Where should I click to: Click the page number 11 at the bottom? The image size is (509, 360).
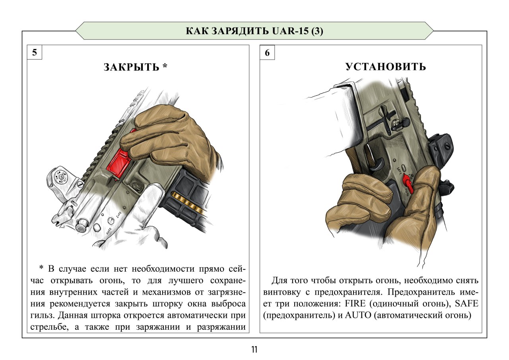click(254, 350)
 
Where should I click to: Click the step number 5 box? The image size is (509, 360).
click(35, 53)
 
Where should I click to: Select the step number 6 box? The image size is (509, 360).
click(267, 53)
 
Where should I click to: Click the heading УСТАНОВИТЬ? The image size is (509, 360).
click(385, 67)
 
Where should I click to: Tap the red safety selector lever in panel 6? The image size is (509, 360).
click(408, 182)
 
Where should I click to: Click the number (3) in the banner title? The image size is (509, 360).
click(317, 31)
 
